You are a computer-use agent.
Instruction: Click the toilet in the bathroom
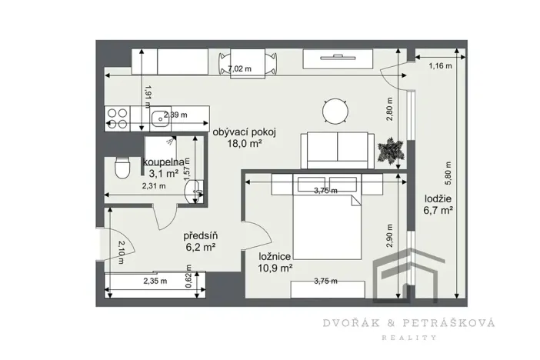[119, 167]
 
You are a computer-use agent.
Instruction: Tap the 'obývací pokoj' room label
[245, 132]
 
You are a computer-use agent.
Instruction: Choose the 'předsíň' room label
[198, 235]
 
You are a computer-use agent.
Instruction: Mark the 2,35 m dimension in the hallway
[155, 282]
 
